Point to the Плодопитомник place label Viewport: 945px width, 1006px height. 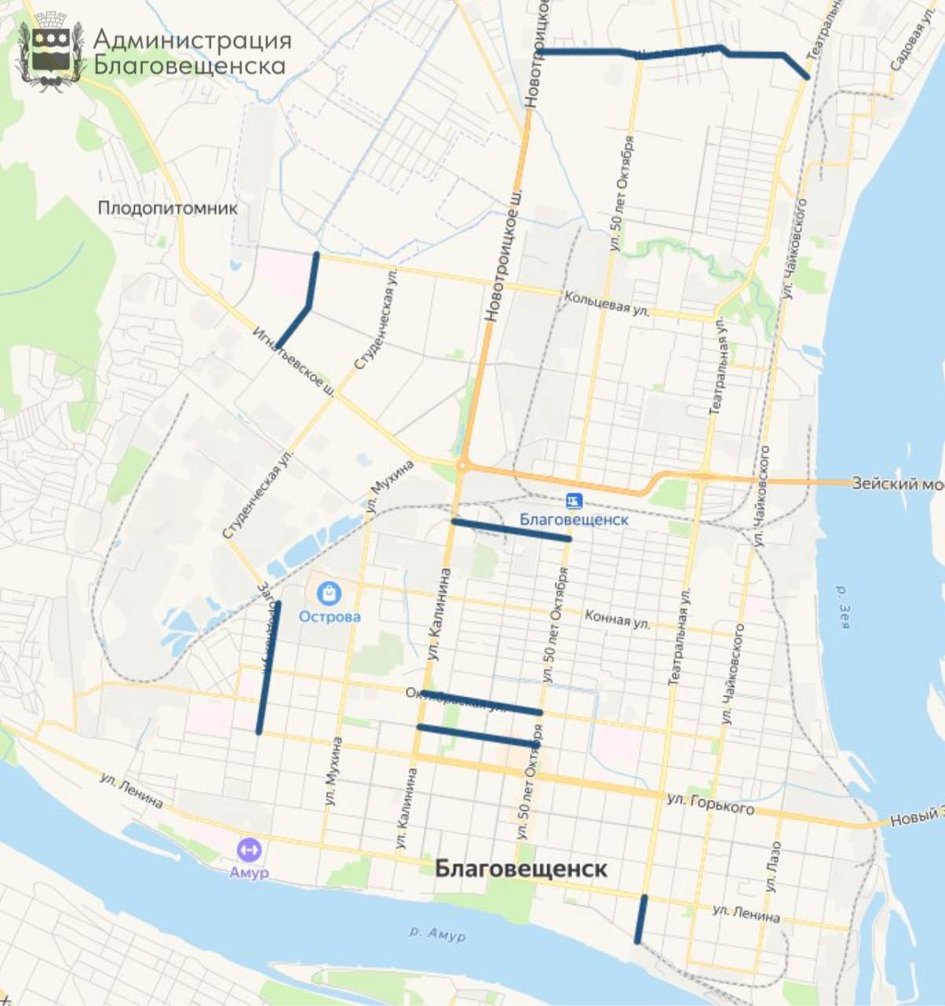pyautogui.click(x=167, y=208)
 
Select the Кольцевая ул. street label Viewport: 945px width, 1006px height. pyautogui.click(x=606, y=303)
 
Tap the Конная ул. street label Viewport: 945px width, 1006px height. pyautogui.click(x=617, y=619)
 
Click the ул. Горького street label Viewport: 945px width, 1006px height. pyautogui.click(x=710, y=803)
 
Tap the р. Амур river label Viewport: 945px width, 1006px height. pyautogui.click(x=438, y=934)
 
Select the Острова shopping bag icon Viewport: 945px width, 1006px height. pyautogui.click(x=329, y=593)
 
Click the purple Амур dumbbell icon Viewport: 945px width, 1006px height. pyautogui.click(x=249, y=850)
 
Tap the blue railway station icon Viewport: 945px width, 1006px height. pyautogui.click(x=574, y=501)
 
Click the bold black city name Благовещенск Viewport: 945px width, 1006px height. pyautogui.click(x=521, y=869)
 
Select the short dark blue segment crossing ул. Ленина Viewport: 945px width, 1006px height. pyautogui.click(x=641, y=919)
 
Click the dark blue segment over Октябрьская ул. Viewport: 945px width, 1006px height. pyautogui.click(x=481, y=702)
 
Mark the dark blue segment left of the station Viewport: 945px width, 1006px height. pyautogui.click(x=511, y=530)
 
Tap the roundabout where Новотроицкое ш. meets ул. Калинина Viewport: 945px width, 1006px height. pyautogui.click(x=463, y=466)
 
